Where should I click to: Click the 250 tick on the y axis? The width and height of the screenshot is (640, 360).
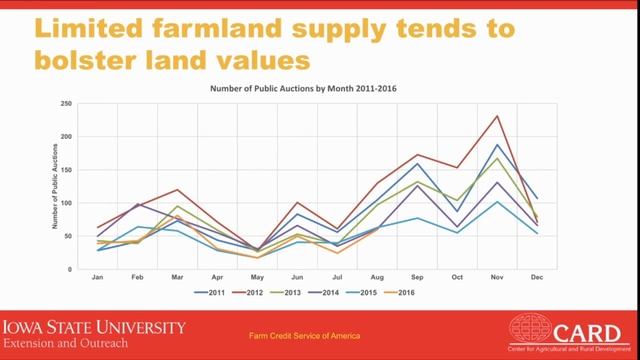pos(65,104)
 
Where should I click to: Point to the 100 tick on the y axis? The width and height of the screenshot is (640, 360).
pos(65,203)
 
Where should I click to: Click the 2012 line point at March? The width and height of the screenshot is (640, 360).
pos(177,190)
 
